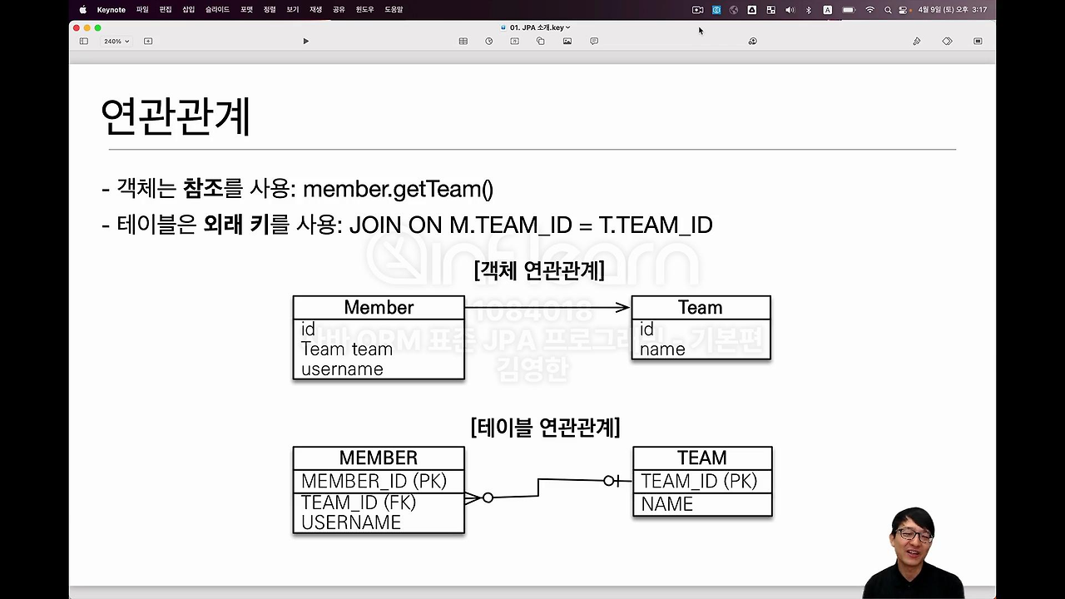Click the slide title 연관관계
tap(175, 116)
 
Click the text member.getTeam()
tap(398, 189)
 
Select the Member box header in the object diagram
tap(379, 307)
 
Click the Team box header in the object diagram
tap(700, 307)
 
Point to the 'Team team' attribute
tap(346, 349)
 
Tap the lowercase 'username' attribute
tap(342, 369)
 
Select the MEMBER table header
tap(379, 458)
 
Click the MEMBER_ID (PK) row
tap(374, 481)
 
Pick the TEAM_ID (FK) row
tap(359, 502)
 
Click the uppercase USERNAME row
tap(351, 522)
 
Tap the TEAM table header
tap(701, 458)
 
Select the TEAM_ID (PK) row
tap(699, 481)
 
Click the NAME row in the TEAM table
tap(666, 504)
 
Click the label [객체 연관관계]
tap(538, 270)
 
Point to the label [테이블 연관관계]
tap(545, 428)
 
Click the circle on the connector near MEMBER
tap(488, 498)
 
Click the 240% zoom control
tap(116, 41)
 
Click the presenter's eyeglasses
tap(913, 534)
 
